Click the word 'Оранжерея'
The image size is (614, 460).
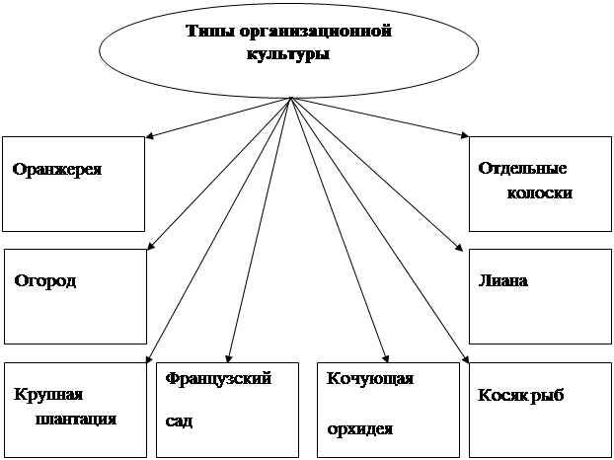click(57, 169)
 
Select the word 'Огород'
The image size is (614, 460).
click(45, 280)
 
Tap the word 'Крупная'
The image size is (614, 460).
click(45, 395)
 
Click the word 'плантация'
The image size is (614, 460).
click(76, 419)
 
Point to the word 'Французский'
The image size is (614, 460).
click(218, 378)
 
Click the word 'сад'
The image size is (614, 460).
click(179, 420)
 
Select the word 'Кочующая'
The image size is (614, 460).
click(369, 379)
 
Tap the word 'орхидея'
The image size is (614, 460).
click(360, 428)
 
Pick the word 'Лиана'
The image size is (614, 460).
click(502, 280)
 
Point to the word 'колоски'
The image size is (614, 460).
click(539, 193)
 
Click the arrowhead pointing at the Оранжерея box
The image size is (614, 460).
click(151, 136)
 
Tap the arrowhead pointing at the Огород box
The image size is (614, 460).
click(151, 247)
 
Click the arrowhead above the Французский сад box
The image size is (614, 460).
click(228, 359)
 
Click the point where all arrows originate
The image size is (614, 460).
click(290, 98)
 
